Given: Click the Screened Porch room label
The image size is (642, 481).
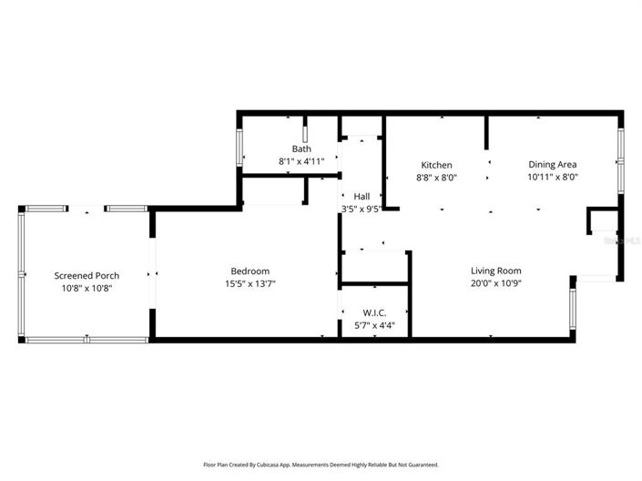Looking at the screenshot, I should click(x=87, y=275).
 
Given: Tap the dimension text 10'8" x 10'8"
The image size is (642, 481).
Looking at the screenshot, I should click(x=87, y=288).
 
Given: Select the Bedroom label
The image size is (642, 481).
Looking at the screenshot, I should click(x=250, y=271).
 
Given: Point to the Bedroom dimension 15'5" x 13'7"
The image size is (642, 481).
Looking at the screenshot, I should click(x=250, y=283).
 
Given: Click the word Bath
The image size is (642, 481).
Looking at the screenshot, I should click(x=301, y=148).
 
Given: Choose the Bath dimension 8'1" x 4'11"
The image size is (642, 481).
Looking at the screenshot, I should click(x=301, y=161).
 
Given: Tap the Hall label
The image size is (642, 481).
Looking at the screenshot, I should click(x=362, y=196).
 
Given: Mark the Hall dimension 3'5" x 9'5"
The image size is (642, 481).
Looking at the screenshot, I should click(x=361, y=209).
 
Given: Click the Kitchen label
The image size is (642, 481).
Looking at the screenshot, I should click(x=435, y=165).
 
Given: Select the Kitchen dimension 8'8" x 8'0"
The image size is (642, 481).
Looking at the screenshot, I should click(x=435, y=178).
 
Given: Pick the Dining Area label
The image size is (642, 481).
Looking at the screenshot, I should click(x=553, y=165).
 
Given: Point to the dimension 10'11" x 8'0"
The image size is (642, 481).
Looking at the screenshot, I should click(x=553, y=178).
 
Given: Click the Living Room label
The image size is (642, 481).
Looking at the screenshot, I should click(x=495, y=271).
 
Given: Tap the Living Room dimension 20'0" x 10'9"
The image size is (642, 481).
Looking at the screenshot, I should click(x=495, y=283).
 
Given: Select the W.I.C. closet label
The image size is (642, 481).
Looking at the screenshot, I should click(x=373, y=312).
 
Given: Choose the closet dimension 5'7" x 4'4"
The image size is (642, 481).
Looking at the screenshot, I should click(x=373, y=325).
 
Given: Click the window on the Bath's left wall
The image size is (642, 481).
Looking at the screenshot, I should click(x=240, y=148).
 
